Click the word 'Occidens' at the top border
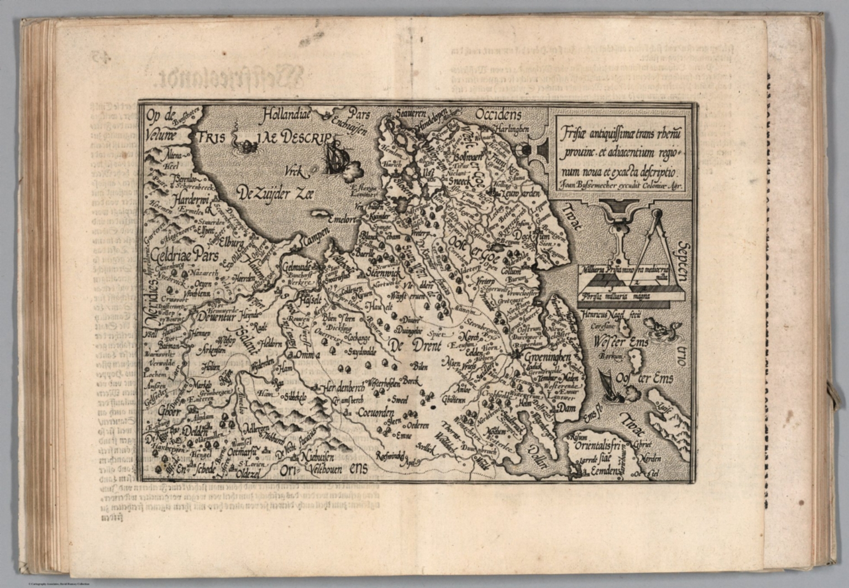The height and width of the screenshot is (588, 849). tap(498, 115)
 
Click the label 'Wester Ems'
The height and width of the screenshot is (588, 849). tap(621, 343)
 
